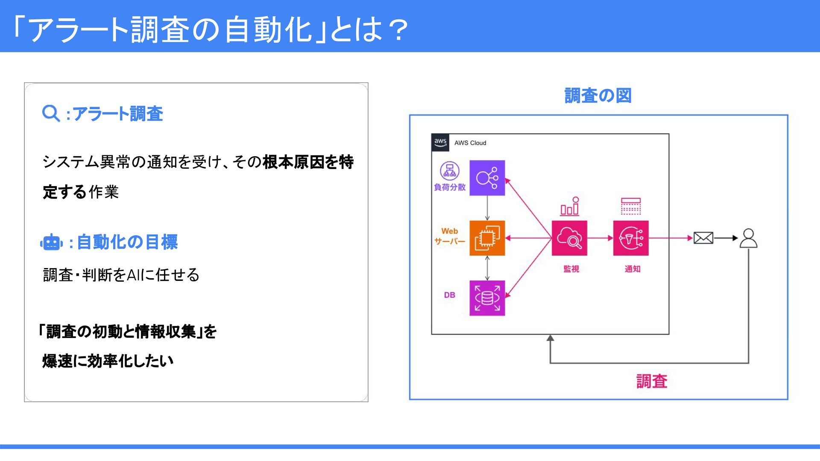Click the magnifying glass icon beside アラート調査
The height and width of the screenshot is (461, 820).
click(x=51, y=114)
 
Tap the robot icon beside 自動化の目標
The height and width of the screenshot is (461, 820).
click(x=51, y=242)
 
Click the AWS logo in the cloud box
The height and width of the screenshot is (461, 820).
click(x=440, y=142)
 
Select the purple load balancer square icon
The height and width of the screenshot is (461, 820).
click(x=487, y=178)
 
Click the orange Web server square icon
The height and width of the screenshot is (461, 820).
click(x=487, y=238)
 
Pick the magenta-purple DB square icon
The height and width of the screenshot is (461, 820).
click(x=487, y=298)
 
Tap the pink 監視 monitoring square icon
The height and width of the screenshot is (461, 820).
click(x=569, y=238)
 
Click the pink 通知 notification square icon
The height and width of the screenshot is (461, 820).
click(x=631, y=238)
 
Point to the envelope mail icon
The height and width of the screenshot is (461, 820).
click(x=703, y=238)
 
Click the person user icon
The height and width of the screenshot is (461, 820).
click(x=748, y=238)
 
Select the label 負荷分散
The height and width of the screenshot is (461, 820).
click(x=449, y=187)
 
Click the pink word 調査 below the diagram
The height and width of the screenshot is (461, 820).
click(x=652, y=381)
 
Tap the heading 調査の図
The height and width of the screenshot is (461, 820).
click(x=598, y=96)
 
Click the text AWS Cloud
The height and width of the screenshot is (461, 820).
click(x=470, y=143)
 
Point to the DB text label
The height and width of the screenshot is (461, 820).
click(x=449, y=295)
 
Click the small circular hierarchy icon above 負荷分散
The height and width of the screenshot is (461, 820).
click(x=449, y=171)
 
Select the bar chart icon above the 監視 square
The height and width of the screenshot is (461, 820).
click(x=570, y=206)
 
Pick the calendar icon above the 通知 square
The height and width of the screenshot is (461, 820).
click(x=631, y=206)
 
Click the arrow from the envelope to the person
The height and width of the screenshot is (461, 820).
click(x=726, y=238)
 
